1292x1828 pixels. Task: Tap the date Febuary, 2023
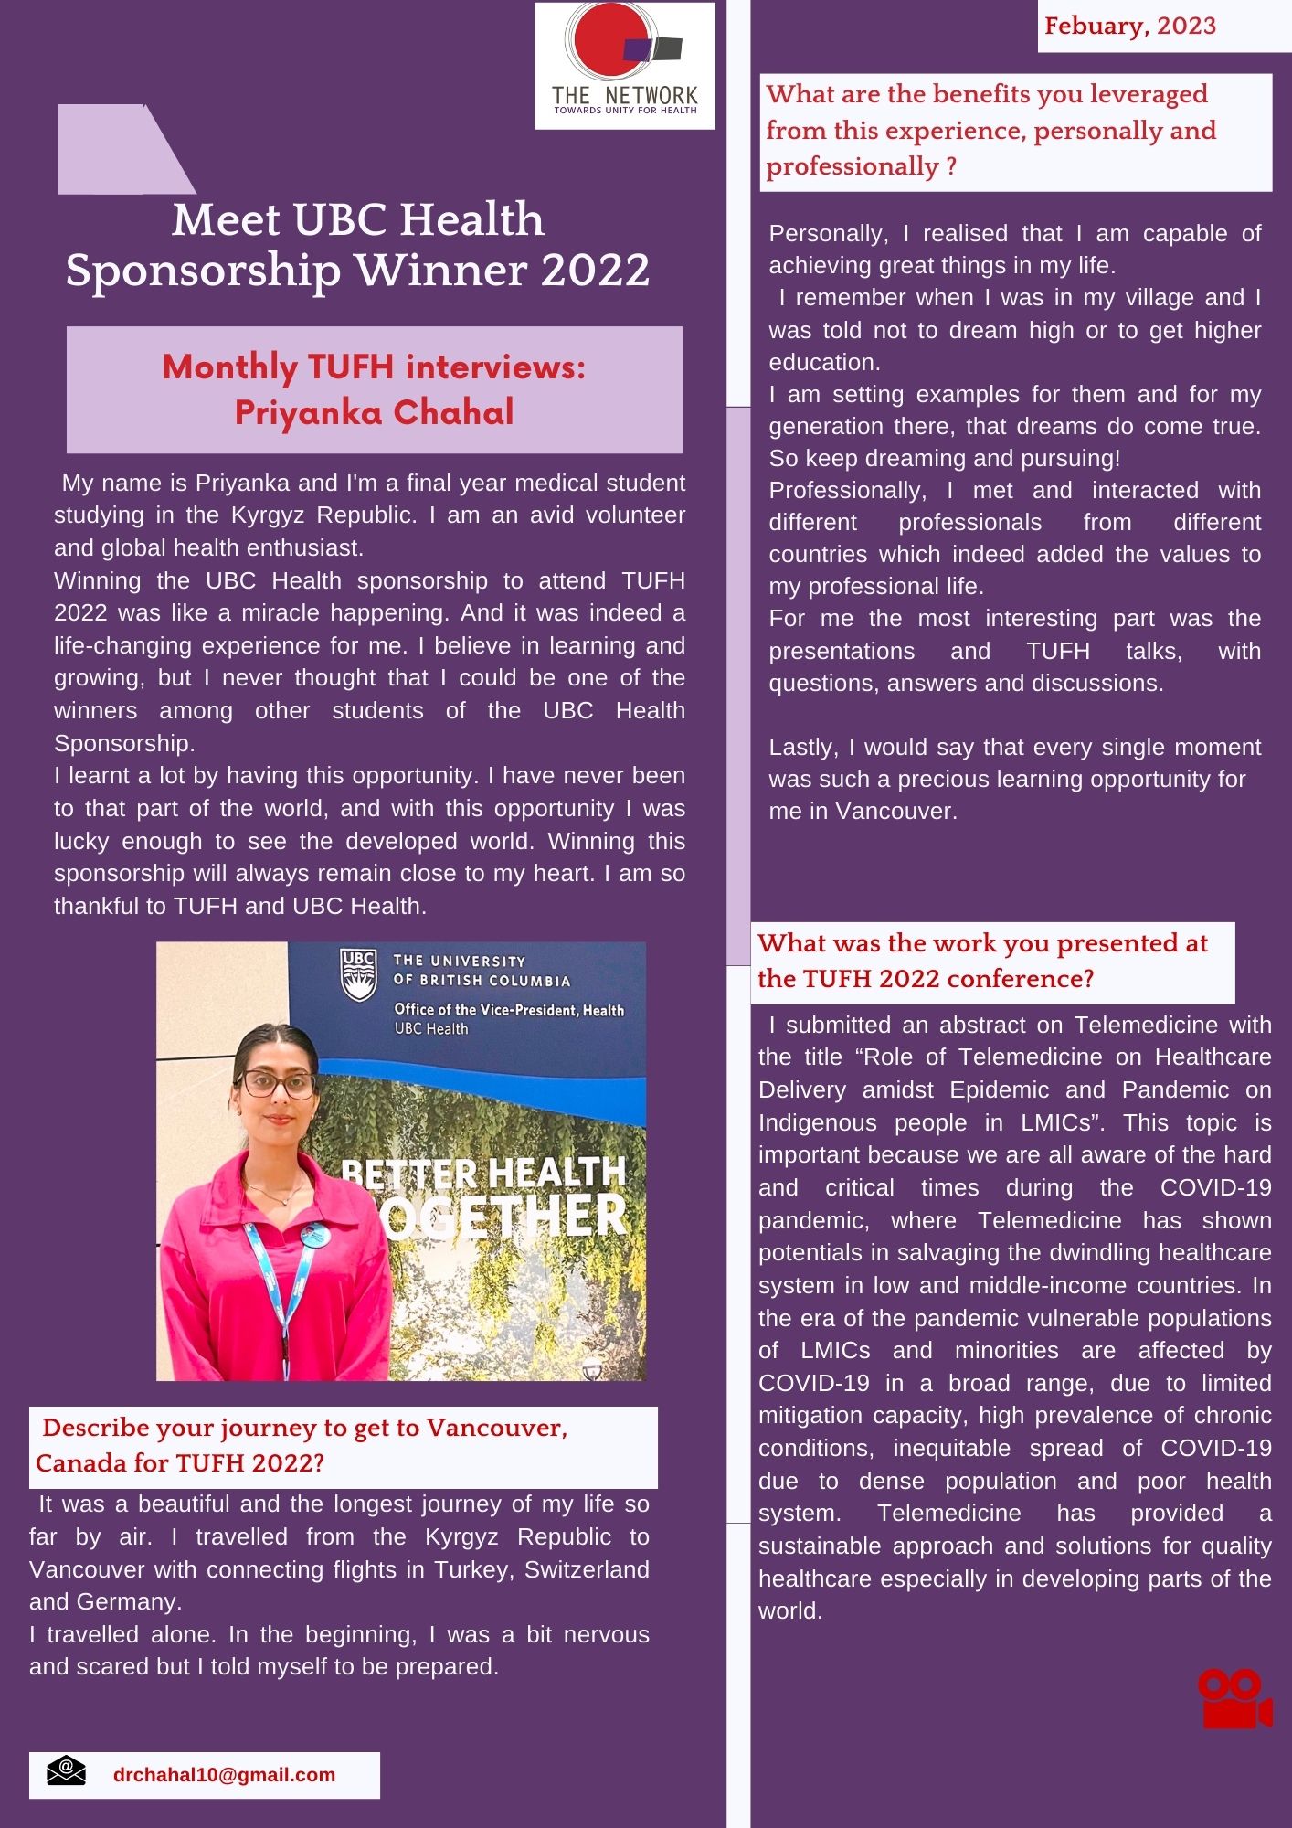click(x=1130, y=26)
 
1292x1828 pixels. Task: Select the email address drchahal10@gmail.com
click(x=224, y=1775)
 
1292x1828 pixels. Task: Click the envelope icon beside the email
click(x=66, y=1770)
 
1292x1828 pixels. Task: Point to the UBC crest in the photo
click(x=358, y=974)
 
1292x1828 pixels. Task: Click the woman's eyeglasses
click(x=276, y=1085)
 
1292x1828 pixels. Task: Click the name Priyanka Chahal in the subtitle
click(x=374, y=412)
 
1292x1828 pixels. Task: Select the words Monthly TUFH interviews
click(x=374, y=367)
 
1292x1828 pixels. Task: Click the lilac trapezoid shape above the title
click(x=119, y=149)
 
